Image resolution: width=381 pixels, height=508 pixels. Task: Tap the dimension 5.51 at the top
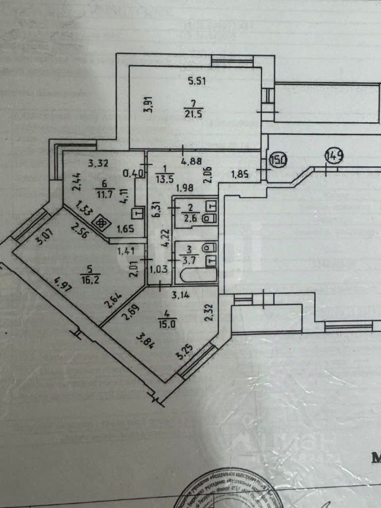point(197,81)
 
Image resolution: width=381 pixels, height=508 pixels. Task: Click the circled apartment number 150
point(278,159)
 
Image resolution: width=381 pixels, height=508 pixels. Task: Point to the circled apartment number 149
point(335,156)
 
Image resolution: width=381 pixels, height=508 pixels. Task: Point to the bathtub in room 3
point(195,276)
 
